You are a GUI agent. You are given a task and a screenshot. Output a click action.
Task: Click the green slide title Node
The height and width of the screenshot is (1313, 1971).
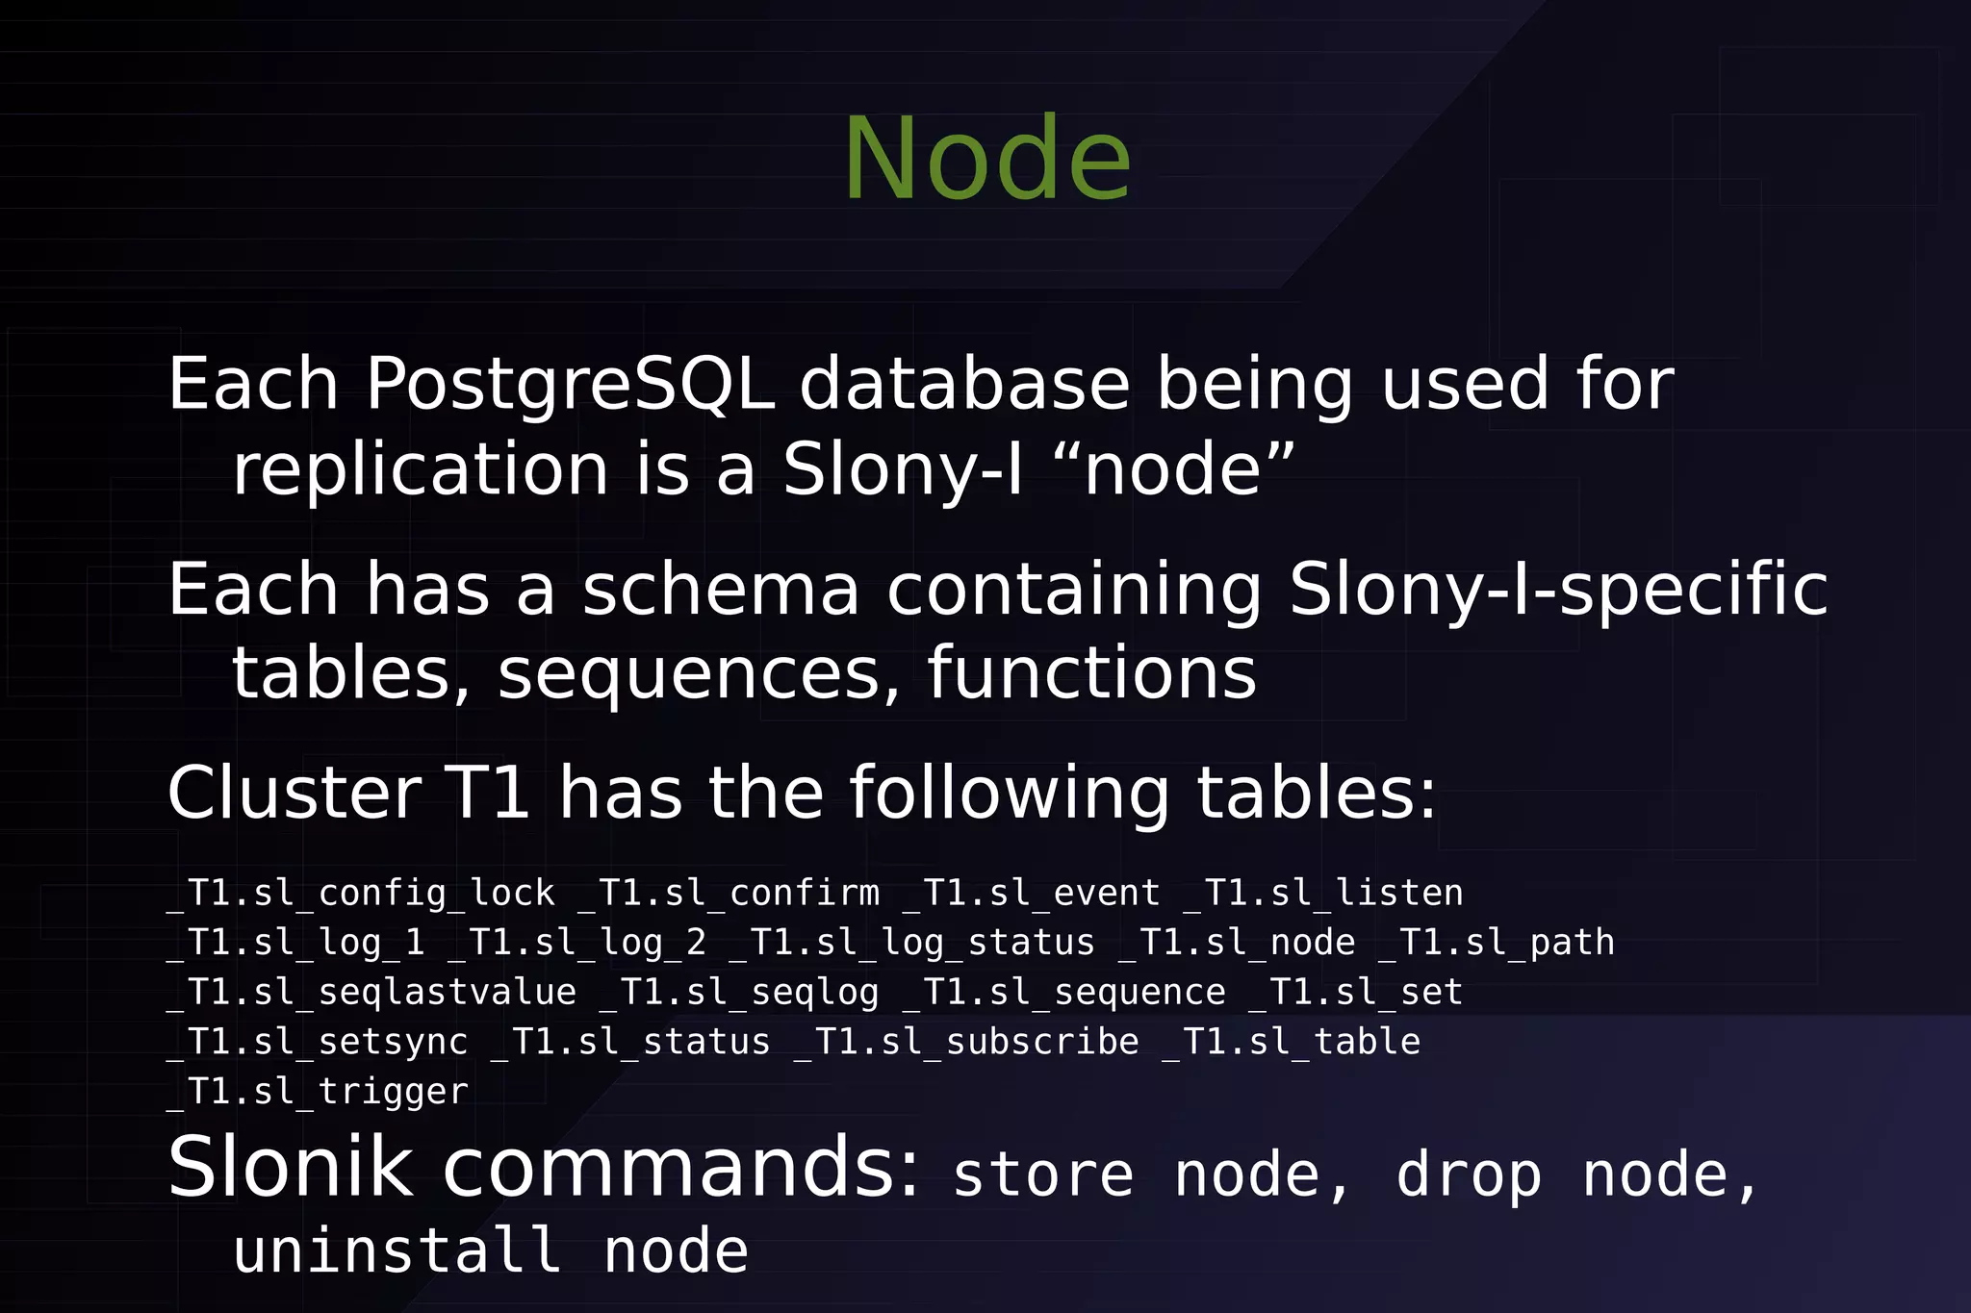coord(987,159)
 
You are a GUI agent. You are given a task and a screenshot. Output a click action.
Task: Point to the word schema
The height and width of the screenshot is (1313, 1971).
coord(721,589)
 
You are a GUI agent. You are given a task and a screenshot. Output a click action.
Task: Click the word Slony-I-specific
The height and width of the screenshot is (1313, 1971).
coord(1558,589)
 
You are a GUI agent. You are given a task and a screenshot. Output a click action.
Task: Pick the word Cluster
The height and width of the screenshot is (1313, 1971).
coord(294,794)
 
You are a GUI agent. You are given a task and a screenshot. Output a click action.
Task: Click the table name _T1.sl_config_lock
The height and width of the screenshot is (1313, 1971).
coord(362,894)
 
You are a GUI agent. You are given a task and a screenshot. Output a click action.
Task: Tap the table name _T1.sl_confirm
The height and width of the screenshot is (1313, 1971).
coord(730,894)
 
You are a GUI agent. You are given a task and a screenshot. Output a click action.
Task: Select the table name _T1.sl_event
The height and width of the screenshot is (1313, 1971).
coord(1032,894)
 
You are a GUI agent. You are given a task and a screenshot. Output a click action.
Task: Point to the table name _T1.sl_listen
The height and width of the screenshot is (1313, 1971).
coord(1323,894)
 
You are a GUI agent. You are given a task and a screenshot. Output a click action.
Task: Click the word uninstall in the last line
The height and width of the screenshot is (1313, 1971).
coord(397,1251)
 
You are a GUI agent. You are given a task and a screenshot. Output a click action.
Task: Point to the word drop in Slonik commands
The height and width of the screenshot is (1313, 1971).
coord(1469,1175)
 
